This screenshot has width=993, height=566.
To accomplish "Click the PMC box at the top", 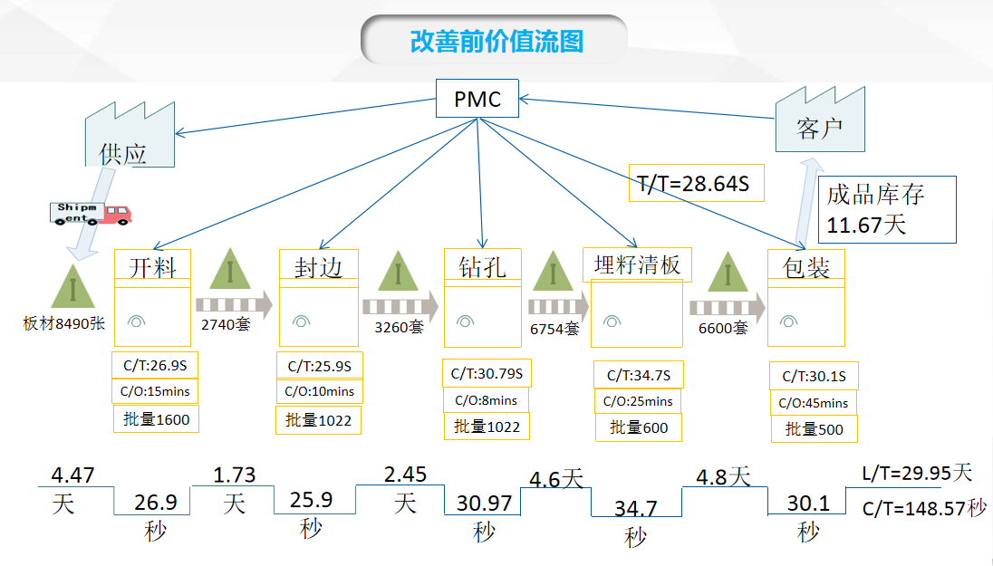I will (x=477, y=99).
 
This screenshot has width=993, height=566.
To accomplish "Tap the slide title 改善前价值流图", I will (x=496, y=42).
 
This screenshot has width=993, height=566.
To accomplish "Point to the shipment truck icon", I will (x=90, y=213).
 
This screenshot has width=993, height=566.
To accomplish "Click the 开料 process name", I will (x=152, y=268).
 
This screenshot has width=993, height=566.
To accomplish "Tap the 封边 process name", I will (x=318, y=268).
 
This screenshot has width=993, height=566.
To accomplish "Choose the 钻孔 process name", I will (x=483, y=267).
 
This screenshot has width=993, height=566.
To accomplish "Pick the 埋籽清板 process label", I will (x=637, y=265).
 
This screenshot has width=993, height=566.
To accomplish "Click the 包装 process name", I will (x=805, y=268).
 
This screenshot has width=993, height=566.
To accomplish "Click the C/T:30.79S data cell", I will (x=487, y=373).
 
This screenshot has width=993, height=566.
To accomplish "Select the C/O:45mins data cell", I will (x=814, y=403).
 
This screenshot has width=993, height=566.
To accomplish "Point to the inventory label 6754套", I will (x=554, y=330).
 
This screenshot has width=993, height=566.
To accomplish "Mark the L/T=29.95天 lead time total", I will (x=918, y=473).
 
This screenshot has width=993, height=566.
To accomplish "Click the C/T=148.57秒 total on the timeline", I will (x=923, y=508).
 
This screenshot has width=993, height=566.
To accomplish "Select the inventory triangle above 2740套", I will (x=233, y=273).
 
